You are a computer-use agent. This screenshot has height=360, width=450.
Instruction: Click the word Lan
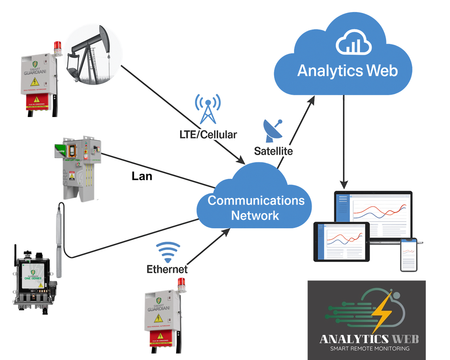coord(142,176)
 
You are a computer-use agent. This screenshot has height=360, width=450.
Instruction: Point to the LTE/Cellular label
coord(208,134)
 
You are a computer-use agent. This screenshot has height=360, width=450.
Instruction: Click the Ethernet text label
coord(167,269)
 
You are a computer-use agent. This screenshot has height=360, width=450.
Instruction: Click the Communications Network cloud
coord(255,207)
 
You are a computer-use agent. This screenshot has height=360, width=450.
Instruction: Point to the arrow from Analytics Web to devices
coord(344,140)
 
